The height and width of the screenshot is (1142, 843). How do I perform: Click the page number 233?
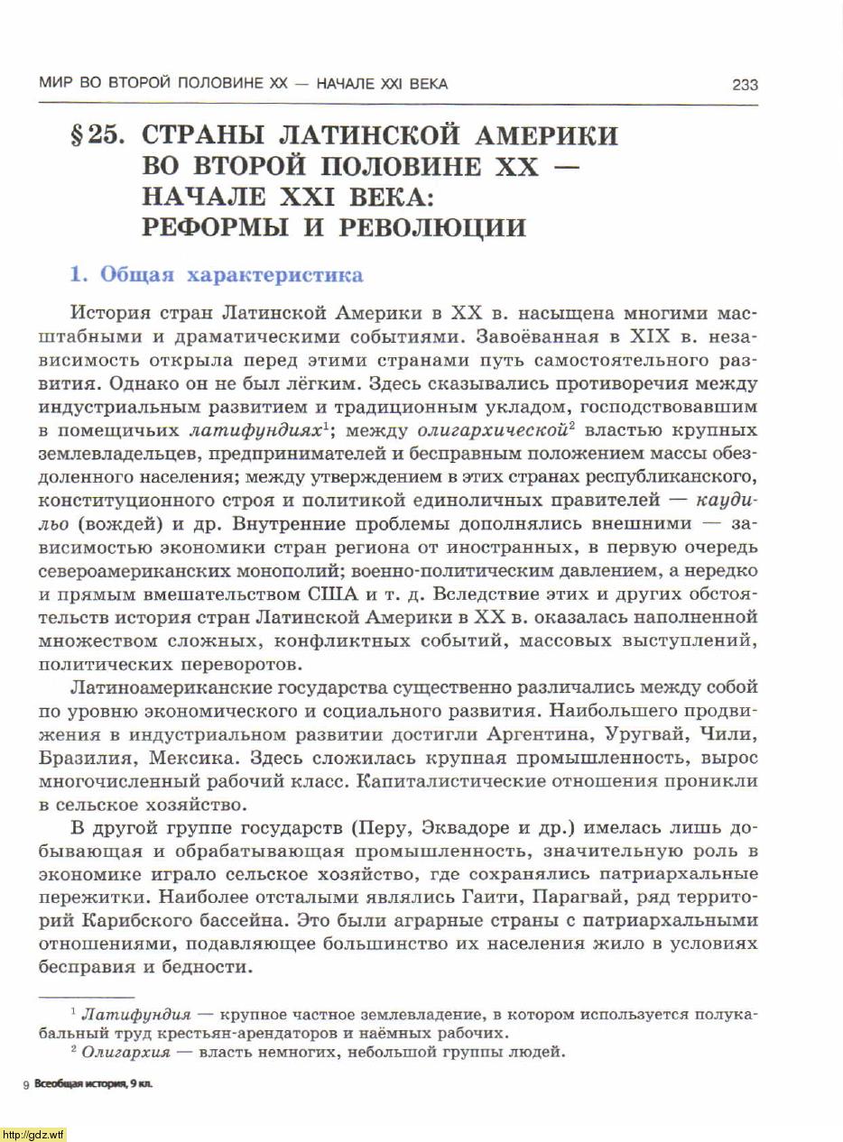coord(745,85)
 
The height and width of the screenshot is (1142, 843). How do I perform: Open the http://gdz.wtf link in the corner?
coord(33,1135)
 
